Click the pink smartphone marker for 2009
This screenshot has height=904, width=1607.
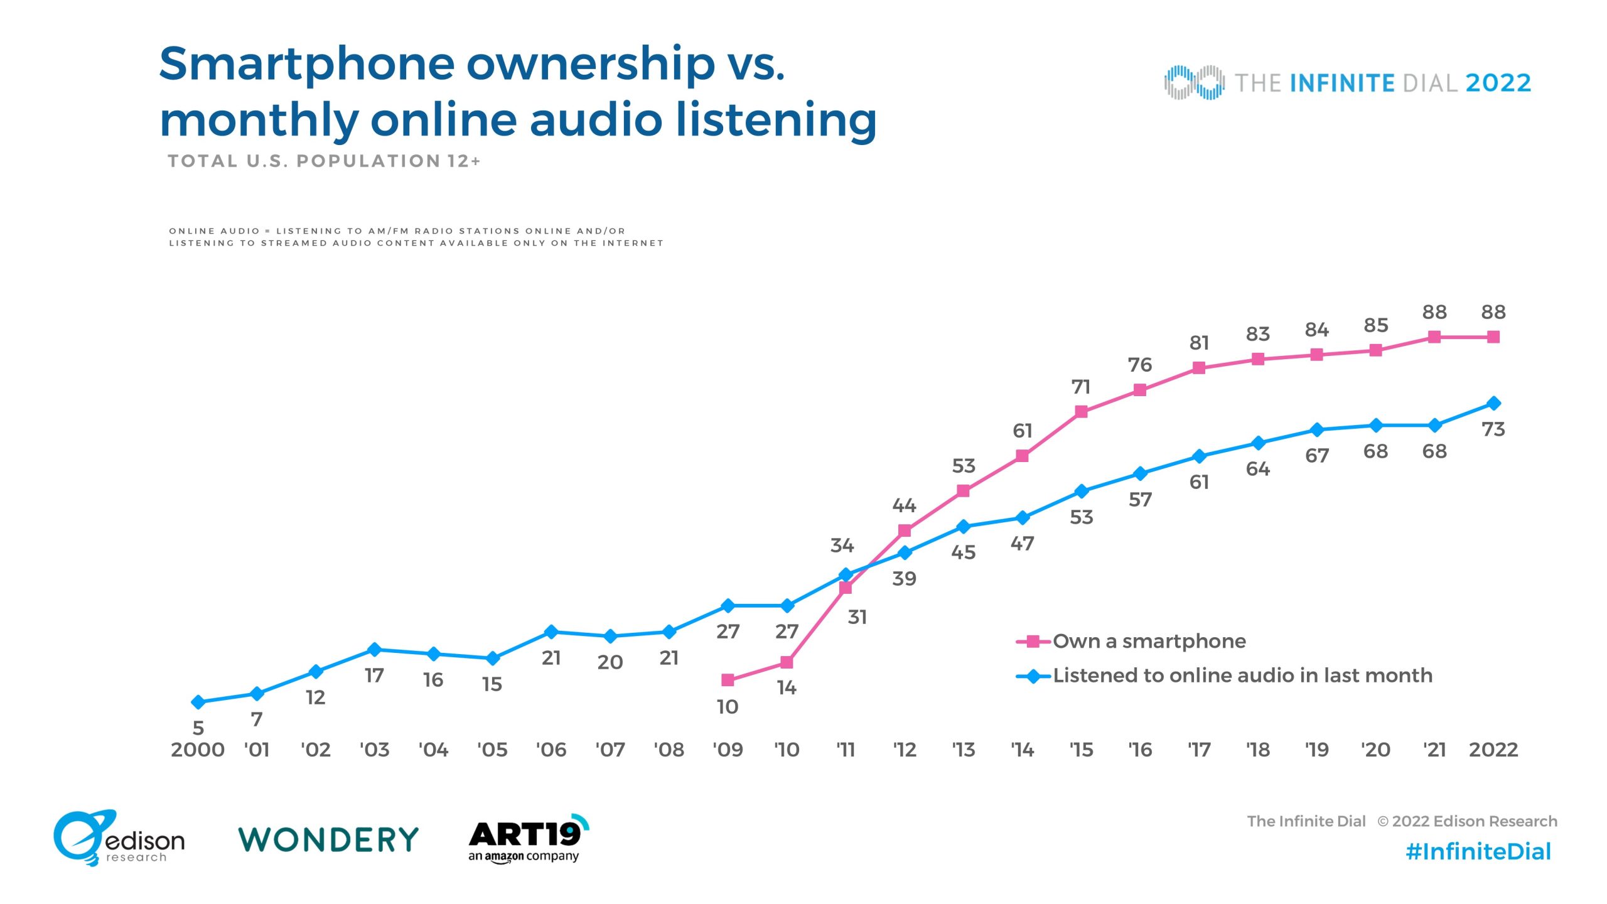728,680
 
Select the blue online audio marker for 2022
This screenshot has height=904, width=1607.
1493,403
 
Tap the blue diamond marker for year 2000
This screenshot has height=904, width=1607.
198,702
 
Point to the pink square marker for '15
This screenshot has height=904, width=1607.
1081,412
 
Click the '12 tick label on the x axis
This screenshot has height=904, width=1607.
905,750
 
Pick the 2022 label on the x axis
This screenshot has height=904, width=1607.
1493,750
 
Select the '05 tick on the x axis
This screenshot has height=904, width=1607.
492,750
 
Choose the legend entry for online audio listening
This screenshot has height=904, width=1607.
1224,675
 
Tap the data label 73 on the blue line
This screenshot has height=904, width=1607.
1493,429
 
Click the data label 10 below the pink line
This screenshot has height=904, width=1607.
728,707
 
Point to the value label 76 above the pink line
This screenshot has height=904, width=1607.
1140,365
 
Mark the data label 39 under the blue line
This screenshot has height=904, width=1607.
905,579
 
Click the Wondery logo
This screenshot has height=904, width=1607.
328,839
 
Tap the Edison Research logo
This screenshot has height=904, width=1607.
119,839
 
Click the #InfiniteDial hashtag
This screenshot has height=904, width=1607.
1478,852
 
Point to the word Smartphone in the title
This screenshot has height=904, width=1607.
308,65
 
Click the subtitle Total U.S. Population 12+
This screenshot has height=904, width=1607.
324,161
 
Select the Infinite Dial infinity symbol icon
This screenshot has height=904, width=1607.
1194,82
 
